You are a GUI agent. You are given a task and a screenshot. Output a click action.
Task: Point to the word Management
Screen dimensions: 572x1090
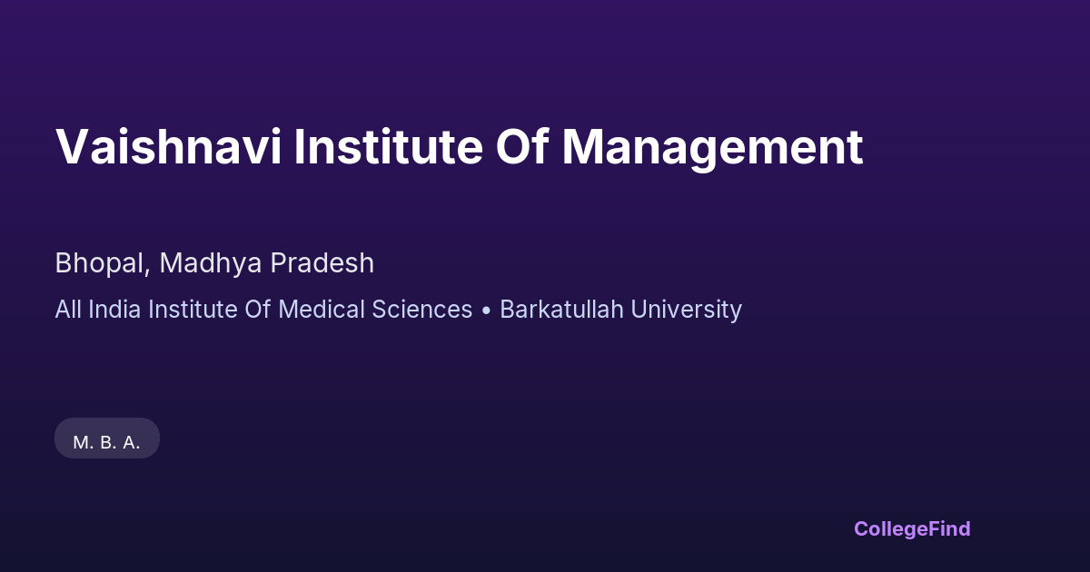point(712,147)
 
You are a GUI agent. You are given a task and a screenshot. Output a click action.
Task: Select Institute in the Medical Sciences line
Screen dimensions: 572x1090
point(192,310)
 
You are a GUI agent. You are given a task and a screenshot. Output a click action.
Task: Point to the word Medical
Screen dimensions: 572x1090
point(319,310)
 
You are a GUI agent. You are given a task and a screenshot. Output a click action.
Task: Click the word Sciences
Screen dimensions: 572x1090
point(422,310)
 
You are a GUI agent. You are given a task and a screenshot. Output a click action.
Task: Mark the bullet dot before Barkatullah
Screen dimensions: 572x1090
point(486,311)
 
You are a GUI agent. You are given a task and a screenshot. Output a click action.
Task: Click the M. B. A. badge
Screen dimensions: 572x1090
point(107,442)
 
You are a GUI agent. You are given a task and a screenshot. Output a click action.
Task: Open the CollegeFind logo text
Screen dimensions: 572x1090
point(912,528)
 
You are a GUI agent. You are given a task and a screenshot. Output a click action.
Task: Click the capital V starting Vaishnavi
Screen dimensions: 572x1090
point(72,147)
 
